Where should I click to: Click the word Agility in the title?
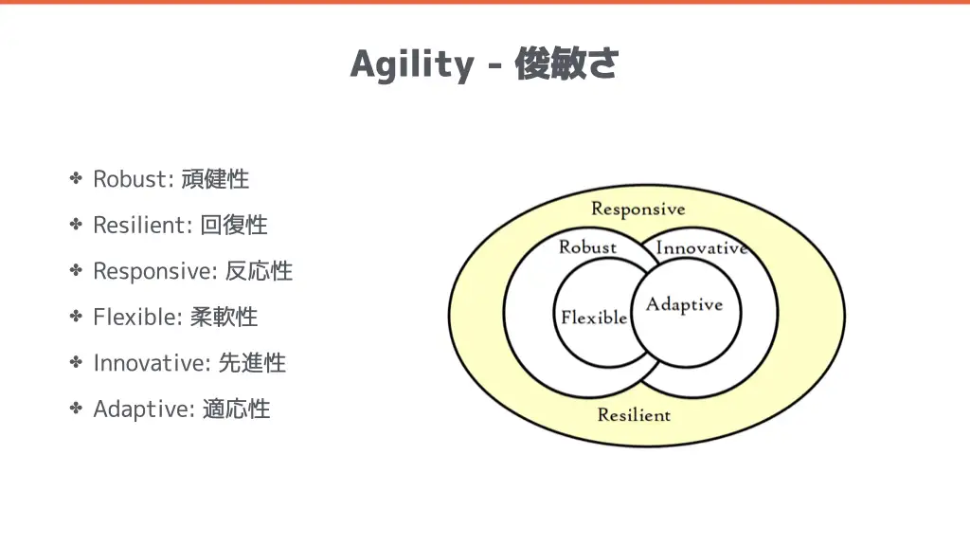click(412, 64)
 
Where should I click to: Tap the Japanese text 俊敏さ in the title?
click(566, 64)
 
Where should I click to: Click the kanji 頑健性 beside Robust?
click(215, 179)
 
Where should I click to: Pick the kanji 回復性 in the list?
click(234, 225)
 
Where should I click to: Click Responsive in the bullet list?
click(152, 271)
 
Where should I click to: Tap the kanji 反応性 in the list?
click(259, 271)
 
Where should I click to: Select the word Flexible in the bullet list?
click(135, 317)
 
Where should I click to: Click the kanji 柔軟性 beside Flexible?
click(224, 317)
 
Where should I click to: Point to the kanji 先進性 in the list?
click(252, 363)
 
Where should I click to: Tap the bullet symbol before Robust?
click(76, 178)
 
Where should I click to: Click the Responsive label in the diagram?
click(638, 209)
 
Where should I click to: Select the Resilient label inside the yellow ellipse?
click(634, 415)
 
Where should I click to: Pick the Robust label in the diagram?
click(587, 247)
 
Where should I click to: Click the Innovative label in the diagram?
click(702, 247)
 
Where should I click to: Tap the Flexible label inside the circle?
click(594, 317)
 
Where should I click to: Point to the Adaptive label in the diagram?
click(684, 305)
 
